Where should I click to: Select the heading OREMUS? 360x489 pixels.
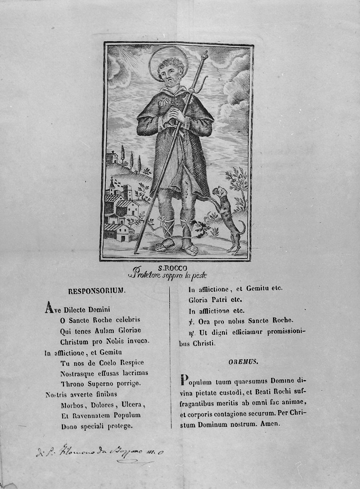[241, 361]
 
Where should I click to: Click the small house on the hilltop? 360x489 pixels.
[112, 158]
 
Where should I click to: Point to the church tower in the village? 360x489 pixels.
[112, 185]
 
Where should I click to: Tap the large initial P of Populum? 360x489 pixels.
[183, 381]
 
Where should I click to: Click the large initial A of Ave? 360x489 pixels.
[49, 309]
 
